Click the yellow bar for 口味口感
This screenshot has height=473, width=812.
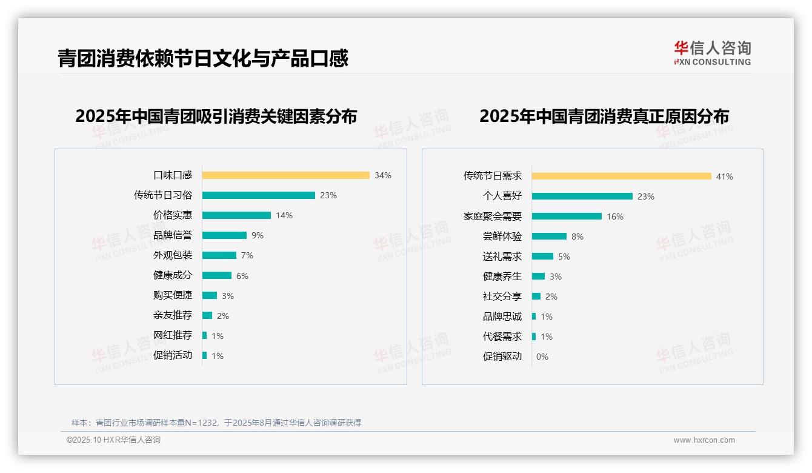pos(285,175)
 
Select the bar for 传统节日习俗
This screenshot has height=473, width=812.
pos(258,195)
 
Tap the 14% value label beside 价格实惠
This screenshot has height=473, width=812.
pos(284,215)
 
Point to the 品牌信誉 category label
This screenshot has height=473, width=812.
pos(173,235)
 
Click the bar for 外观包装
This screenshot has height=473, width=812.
pos(219,255)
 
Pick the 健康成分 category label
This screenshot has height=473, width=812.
pos(173,275)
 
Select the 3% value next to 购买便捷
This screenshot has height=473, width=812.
pos(227,296)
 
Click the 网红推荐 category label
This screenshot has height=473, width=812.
pos(173,335)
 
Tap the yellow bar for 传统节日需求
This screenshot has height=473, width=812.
pos(621,176)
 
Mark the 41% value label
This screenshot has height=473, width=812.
pos(724,176)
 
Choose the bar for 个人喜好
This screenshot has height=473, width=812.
pos(582,196)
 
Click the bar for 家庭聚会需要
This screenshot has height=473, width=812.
pos(567,216)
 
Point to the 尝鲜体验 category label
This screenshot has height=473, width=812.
pos(502,236)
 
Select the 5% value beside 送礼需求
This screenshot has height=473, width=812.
pos(564,257)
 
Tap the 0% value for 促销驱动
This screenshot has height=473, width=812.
pos(542,357)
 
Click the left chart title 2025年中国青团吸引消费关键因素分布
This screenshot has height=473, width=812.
pos(216,116)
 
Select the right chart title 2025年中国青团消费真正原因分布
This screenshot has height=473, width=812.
pos(604,116)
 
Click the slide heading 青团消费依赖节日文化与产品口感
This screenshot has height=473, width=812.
pos(202,58)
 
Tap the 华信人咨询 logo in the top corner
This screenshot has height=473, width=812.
pos(712,53)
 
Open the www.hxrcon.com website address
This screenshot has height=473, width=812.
pos(704,440)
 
